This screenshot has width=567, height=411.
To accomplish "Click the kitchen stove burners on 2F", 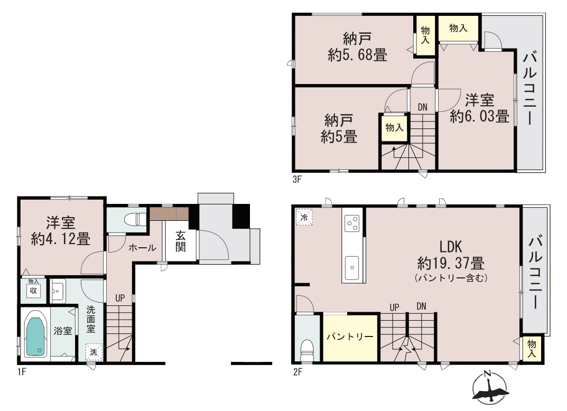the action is tap(352, 223).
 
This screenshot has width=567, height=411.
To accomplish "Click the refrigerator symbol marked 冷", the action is tap(304, 217).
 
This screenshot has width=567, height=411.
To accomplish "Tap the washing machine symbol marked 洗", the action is tap(94, 352).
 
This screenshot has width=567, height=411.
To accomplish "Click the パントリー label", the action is tap(350, 337).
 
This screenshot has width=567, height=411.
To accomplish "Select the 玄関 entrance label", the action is tap(180, 241).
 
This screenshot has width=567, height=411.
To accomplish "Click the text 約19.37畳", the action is tap(451, 263).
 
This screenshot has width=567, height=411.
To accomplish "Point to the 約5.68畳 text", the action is tap(357, 55).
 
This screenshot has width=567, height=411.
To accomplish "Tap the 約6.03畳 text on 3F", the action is tap(479, 116).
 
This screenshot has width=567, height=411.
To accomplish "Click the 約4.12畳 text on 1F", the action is tap(60, 239).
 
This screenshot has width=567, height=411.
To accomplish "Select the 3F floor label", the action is tap(297, 179).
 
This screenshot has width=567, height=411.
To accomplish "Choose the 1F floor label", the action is tap(22, 371).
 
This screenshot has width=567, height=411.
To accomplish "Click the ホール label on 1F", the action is tap(143, 248).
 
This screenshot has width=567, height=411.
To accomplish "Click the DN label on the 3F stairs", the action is tap(422, 107).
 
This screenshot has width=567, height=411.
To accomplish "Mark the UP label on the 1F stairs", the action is tap(120, 298).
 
